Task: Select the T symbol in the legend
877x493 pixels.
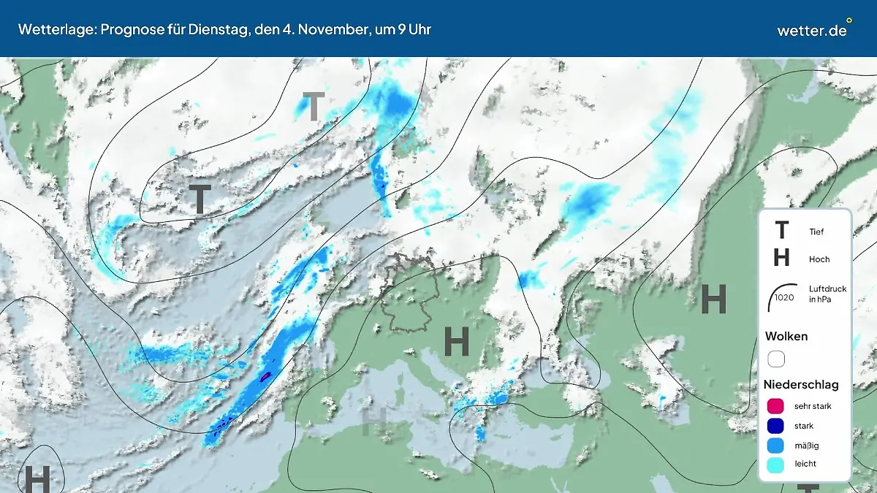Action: [x=781, y=231]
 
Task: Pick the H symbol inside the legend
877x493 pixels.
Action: [x=781, y=258]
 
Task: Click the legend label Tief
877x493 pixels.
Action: [x=816, y=232]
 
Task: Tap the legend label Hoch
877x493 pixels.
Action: [x=819, y=259]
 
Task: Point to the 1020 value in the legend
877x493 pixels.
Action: [x=784, y=297]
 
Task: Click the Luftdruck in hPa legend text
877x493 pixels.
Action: [x=827, y=294]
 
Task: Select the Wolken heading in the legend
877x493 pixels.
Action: [x=786, y=337]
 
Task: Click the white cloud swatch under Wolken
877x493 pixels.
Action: [x=776, y=359]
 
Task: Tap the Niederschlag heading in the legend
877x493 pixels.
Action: [x=801, y=385]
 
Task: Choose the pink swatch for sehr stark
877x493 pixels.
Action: [x=776, y=406]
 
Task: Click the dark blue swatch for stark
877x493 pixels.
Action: [x=776, y=426]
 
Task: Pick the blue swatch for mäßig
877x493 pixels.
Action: [x=776, y=445]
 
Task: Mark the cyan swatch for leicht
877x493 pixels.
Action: [x=776, y=464]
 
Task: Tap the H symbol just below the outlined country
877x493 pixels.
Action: [x=457, y=342]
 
